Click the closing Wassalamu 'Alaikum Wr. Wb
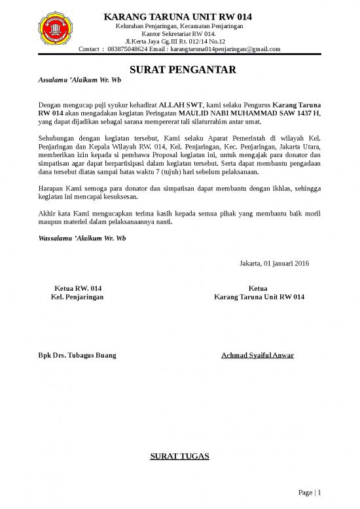pos(82,237)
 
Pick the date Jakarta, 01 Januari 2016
pos(275,264)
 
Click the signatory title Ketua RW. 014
pos(78,288)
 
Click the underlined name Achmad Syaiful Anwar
pos(258,355)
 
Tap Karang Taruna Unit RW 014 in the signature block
pos(259,297)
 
